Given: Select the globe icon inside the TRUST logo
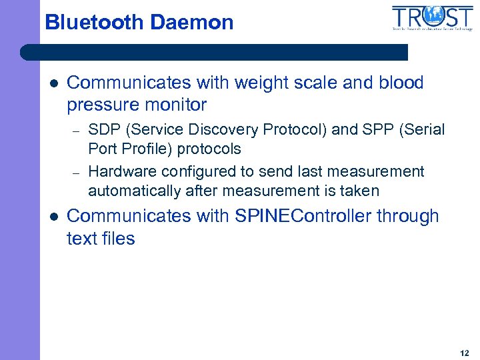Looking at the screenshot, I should click(434, 15).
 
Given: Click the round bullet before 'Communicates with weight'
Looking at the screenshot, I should click(53, 83).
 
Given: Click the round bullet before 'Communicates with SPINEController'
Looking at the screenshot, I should click(53, 217).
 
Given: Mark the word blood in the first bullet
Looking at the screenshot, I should click(401, 83).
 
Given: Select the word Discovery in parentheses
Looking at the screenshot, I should click(216, 129).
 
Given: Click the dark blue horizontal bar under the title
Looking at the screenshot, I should click(213, 52).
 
